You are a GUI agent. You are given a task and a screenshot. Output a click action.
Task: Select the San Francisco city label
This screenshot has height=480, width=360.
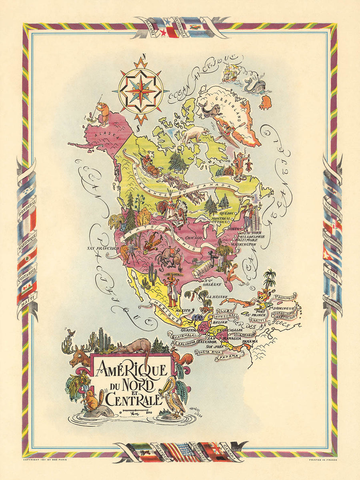point(102,248)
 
